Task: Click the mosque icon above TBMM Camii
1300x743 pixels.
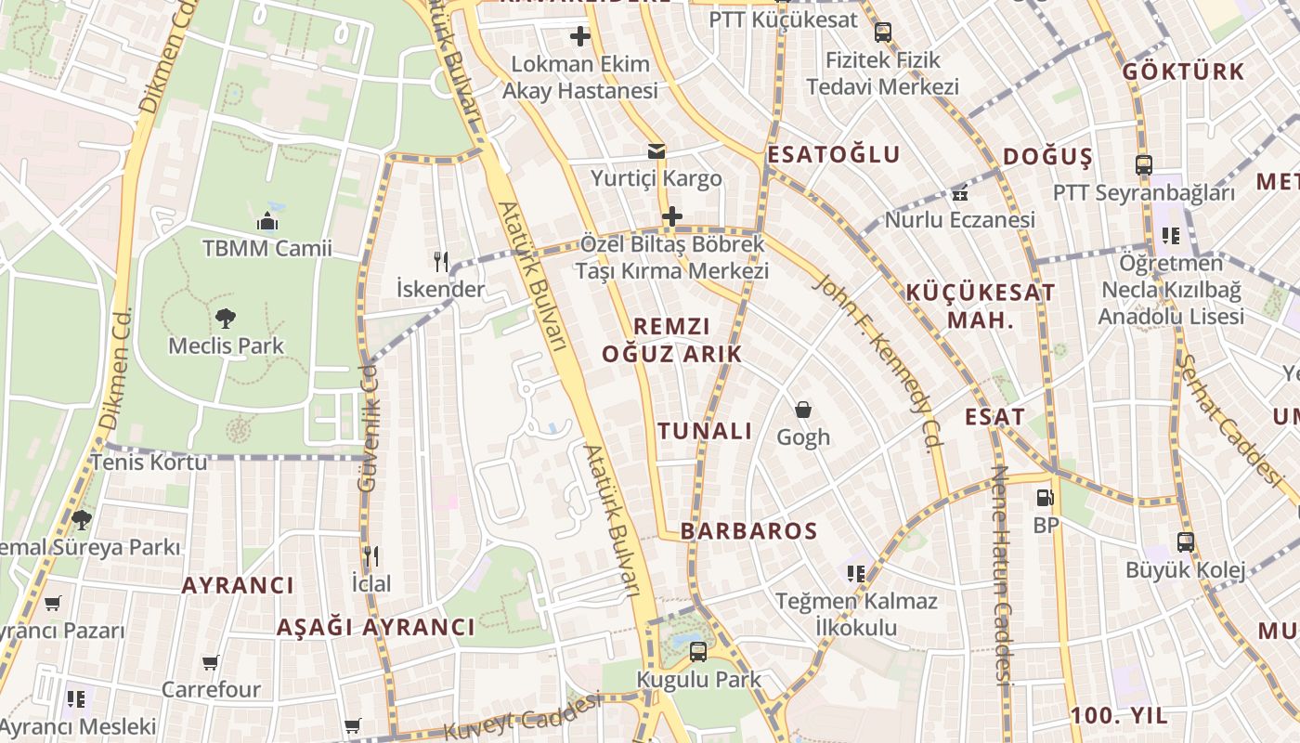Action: click(267, 221)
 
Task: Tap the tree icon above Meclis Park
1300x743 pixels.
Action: click(226, 319)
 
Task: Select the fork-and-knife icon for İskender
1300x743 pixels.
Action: click(440, 261)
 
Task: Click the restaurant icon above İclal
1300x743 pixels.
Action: click(370, 556)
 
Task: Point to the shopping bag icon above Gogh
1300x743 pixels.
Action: click(803, 409)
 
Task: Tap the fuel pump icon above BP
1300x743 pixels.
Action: click(1045, 498)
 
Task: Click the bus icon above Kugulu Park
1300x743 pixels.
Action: click(698, 651)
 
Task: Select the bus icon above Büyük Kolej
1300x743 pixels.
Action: click(1185, 541)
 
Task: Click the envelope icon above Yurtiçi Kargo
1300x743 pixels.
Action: click(656, 151)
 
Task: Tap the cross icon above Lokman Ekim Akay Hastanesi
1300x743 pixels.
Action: click(580, 37)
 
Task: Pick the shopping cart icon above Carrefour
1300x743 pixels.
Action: click(211, 662)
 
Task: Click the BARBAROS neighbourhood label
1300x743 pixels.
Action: click(748, 531)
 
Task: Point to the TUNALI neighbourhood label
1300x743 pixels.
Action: click(705, 431)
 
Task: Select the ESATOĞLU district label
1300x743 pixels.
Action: click(833, 155)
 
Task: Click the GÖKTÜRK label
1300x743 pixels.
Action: click(1183, 72)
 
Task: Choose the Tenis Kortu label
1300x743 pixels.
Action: click(149, 462)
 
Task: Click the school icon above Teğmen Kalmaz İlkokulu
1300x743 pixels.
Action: click(855, 574)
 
